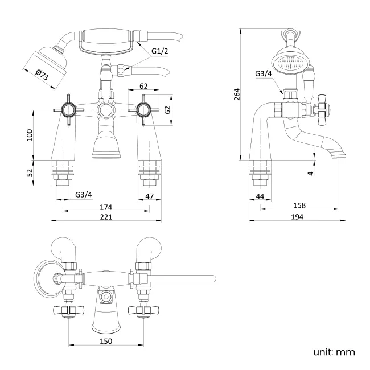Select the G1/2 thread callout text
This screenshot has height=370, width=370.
160,51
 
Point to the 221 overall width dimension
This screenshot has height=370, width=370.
106,217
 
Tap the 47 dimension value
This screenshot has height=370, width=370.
150,195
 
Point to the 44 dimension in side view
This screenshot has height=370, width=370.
260,195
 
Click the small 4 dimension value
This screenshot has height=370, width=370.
311,172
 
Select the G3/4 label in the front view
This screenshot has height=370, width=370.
83,195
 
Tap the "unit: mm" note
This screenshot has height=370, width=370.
334,352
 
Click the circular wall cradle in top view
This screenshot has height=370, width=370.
47,279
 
